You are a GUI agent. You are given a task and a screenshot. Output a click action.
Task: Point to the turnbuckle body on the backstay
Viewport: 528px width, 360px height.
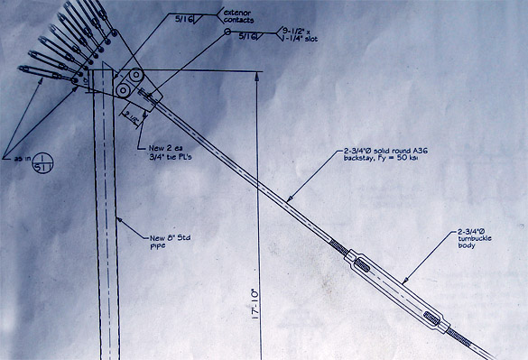[x=394, y=288]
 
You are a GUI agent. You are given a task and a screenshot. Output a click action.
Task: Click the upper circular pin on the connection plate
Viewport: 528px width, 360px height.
[x=135, y=78]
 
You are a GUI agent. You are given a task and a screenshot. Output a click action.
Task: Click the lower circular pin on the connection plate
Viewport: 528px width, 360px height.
[x=122, y=91]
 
